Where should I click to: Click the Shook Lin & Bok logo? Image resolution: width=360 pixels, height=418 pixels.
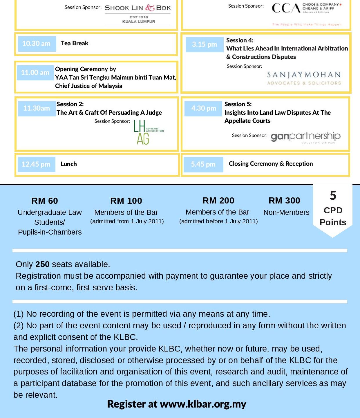(x=138, y=13)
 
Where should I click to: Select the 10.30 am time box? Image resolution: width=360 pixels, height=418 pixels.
(x=37, y=44)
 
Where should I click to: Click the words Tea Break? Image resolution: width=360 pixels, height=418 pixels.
(x=75, y=43)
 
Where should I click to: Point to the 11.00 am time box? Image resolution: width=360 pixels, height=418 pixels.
(x=35, y=73)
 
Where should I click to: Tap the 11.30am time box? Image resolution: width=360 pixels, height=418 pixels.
(x=37, y=108)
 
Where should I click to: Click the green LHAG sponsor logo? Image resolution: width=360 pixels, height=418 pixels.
(x=148, y=132)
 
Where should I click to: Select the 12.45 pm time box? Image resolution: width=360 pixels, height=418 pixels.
(x=36, y=164)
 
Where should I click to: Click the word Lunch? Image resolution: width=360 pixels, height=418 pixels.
(x=69, y=164)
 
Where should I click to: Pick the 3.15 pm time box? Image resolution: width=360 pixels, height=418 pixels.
(x=205, y=44)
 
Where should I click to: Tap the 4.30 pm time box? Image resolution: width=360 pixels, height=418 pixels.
(x=204, y=108)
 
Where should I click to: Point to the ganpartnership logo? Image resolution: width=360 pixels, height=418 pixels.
(x=305, y=137)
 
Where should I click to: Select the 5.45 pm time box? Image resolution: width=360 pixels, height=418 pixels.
(x=203, y=164)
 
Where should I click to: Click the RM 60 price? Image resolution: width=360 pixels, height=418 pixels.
(x=45, y=201)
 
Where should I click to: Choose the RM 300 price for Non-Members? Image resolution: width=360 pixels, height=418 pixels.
(x=284, y=201)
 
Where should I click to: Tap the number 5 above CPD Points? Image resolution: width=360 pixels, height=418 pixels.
(x=333, y=196)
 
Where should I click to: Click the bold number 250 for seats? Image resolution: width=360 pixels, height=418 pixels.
(x=42, y=264)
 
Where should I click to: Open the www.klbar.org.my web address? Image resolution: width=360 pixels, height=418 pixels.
(x=203, y=404)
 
